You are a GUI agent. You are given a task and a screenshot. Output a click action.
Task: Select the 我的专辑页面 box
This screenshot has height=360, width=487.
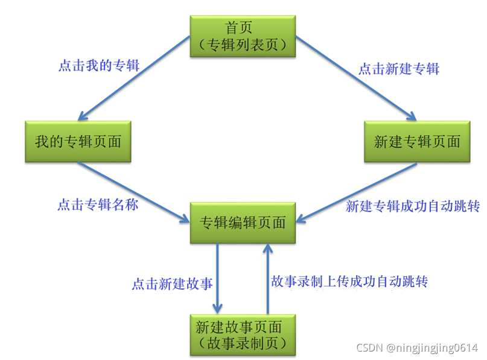click(78, 141)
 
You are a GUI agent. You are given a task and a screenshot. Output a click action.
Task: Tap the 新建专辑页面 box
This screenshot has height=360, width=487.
click(416, 141)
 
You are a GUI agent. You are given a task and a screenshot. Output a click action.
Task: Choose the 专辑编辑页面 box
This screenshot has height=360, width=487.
click(243, 223)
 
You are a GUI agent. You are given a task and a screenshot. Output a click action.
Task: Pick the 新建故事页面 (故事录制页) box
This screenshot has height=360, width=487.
click(243, 334)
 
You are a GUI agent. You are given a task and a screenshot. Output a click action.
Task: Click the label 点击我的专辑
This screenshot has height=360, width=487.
click(99, 66)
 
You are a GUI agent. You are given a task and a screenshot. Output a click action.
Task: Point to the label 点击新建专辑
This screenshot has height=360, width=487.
click(399, 69)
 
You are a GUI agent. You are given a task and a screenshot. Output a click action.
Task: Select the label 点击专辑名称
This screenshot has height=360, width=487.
click(98, 205)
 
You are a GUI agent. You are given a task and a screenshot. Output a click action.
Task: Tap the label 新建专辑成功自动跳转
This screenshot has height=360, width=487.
click(413, 206)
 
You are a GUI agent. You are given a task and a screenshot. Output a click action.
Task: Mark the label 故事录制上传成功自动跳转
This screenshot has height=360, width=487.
click(349, 281)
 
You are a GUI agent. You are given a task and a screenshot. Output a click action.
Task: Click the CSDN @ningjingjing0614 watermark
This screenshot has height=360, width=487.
click(416, 348)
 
